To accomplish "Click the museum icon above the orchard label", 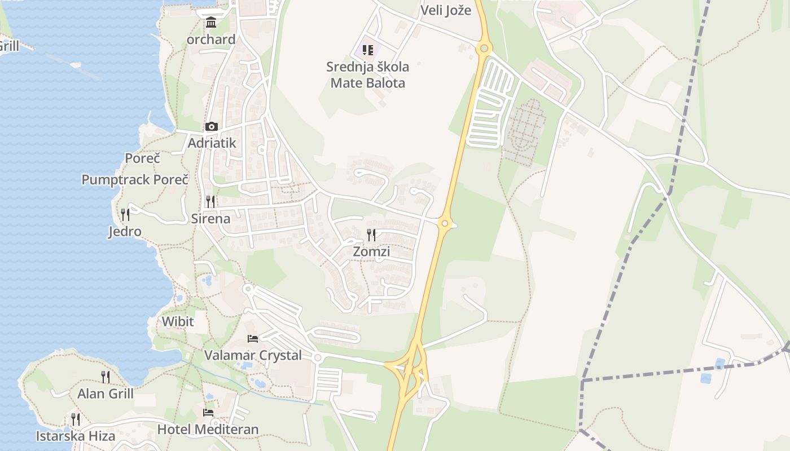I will [211, 23].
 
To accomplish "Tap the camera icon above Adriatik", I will [212, 126].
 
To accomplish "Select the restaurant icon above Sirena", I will [210, 201].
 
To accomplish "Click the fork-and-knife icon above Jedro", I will [125, 214].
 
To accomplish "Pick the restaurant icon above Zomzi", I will [371, 235].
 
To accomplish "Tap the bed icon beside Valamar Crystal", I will [253, 339].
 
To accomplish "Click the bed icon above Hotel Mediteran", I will [208, 412].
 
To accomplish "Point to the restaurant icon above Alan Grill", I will [106, 377].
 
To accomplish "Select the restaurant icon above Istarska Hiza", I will [76, 419].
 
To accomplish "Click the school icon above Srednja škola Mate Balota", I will [368, 50].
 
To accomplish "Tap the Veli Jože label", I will [446, 10].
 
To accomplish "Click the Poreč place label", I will [142, 158].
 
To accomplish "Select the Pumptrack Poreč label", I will [135, 180].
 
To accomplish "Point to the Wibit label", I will [178, 322].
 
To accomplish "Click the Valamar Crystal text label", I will [253, 356].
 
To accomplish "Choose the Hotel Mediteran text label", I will [208, 430].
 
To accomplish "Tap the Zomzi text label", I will [371, 252].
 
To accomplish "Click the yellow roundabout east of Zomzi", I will [445, 224].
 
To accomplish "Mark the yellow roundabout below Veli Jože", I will [483, 48].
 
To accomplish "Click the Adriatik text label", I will [212, 143].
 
